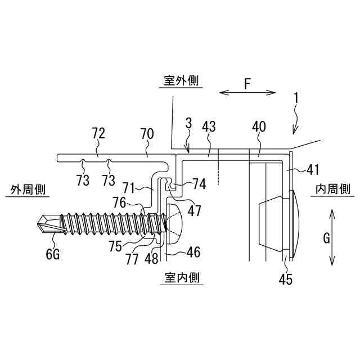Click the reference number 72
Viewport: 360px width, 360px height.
(x=98, y=133)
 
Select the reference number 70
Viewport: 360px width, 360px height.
(x=147, y=133)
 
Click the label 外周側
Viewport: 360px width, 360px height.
(x=26, y=190)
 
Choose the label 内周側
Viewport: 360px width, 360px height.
(x=333, y=190)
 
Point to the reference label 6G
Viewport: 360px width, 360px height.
(x=53, y=255)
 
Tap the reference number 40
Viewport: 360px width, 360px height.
(x=259, y=127)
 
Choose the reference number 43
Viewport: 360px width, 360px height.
(x=209, y=127)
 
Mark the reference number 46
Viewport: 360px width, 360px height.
(x=193, y=253)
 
